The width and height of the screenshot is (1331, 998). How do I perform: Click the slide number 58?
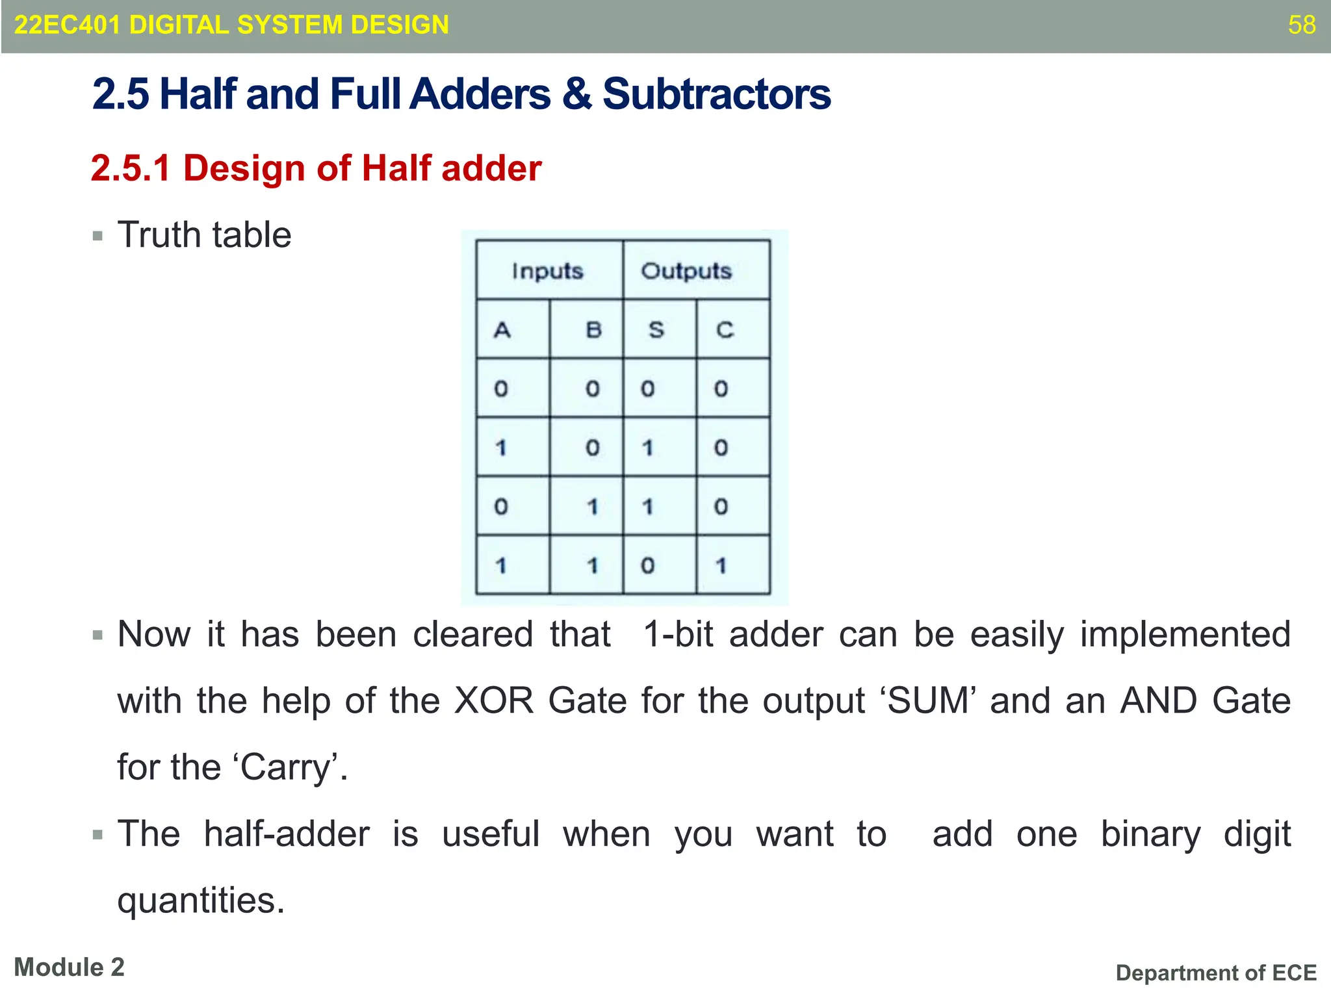(x=1301, y=25)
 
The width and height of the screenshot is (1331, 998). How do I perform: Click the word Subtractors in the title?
(x=716, y=94)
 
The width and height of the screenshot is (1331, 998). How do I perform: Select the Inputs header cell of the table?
(x=547, y=271)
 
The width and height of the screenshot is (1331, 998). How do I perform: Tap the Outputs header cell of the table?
(x=686, y=271)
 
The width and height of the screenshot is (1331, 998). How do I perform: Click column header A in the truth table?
(x=502, y=330)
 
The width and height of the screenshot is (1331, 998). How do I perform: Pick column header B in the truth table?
(x=593, y=330)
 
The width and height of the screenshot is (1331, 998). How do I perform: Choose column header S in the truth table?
(x=656, y=330)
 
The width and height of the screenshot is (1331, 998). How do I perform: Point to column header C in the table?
(x=725, y=330)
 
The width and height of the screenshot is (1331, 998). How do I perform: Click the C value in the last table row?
(x=721, y=566)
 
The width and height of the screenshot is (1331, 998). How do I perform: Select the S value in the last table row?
(x=647, y=566)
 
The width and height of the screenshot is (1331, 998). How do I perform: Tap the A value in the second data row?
(x=500, y=448)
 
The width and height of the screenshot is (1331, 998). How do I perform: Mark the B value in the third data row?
(x=592, y=507)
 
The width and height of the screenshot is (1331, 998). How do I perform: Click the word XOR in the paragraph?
(x=493, y=701)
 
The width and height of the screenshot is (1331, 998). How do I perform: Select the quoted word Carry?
(x=290, y=767)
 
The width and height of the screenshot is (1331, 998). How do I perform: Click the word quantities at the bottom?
(x=200, y=901)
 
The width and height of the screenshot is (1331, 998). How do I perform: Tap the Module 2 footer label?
(x=69, y=967)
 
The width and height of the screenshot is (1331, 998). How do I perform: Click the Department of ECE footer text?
(x=1215, y=973)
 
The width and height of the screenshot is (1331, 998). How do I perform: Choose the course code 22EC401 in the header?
(x=67, y=25)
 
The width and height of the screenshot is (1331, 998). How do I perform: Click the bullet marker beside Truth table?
(x=98, y=236)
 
